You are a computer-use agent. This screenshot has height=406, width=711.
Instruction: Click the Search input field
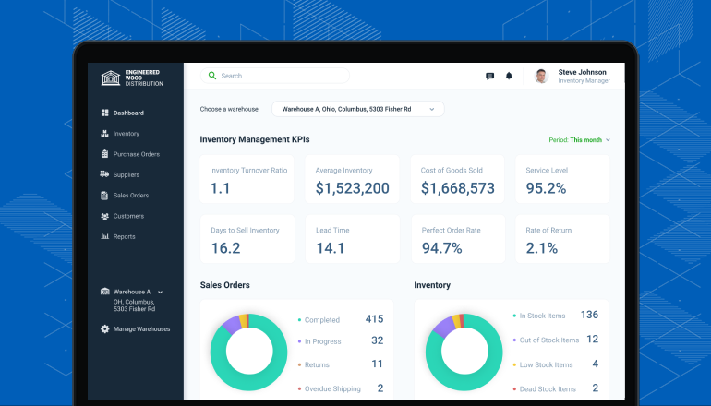[x=275, y=76]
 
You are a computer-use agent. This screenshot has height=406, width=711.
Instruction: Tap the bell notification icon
[x=509, y=76]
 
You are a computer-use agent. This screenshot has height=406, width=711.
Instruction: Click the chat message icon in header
[x=489, y=76]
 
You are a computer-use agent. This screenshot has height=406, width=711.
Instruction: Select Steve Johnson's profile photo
[x=541, y=76]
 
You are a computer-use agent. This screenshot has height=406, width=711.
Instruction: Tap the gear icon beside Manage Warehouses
[x=104, y=329]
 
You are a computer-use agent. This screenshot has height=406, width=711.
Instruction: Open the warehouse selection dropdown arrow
[x=432, y=109]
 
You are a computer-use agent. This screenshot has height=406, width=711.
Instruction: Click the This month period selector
[x=585, y=140]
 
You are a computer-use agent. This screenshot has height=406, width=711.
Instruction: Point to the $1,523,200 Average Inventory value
[x=353, y=188]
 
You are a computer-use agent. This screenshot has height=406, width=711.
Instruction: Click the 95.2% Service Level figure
[x=546, y=188]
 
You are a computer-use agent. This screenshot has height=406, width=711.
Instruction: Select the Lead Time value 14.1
[x=331, y=248]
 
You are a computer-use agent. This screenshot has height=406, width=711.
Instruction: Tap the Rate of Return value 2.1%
[x=541, y=248]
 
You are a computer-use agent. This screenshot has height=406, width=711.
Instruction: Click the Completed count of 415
[x=375, y=319]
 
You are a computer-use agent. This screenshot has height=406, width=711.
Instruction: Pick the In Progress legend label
[x=323, y=341]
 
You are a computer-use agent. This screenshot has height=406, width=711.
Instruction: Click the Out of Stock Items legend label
[x=549, y=340]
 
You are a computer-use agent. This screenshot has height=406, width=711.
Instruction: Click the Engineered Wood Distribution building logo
[x=111, y=78]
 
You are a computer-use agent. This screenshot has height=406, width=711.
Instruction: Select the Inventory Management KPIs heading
[x=255, y=139]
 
